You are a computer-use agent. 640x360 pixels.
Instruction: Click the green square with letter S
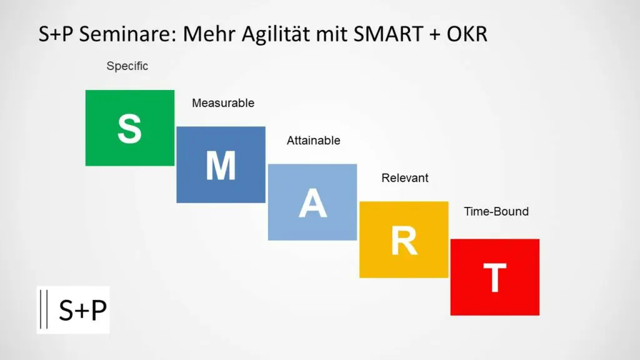[x=130, y=127]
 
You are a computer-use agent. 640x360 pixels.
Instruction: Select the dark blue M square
[x=221, y=164]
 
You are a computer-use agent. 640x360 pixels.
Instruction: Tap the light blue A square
[x=312, y=202]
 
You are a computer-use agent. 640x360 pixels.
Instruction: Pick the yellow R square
[x=404, y=239]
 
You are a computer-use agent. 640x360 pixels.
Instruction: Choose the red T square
[x=495, y=277]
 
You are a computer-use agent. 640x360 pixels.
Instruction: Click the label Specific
[x=127, y=66]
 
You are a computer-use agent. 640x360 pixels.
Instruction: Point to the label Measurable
[x=223, y=103]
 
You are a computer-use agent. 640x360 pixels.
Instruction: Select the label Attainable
[x=314, y=141]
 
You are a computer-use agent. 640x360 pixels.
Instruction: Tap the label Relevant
[x=405, y=178]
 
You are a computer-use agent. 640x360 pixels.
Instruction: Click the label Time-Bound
[x=496, y=211]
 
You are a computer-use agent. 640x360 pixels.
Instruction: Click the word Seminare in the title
[x=127, y=34]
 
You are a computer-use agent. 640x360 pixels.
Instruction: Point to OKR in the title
[x=467, y=34]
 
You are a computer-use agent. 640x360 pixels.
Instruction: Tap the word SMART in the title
[x=388, y=34]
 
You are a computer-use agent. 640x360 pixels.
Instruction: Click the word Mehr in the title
[x=208, y=34]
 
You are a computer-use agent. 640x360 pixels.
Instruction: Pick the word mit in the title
[x=331, y=34]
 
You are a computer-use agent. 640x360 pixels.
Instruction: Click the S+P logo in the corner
[x=73, y=310]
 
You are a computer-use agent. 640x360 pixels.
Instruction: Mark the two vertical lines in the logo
[x=44, y=309]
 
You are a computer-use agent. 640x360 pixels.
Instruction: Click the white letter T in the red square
[x=495, y=277]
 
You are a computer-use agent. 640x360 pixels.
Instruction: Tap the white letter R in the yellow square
[x=404, y=241]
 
